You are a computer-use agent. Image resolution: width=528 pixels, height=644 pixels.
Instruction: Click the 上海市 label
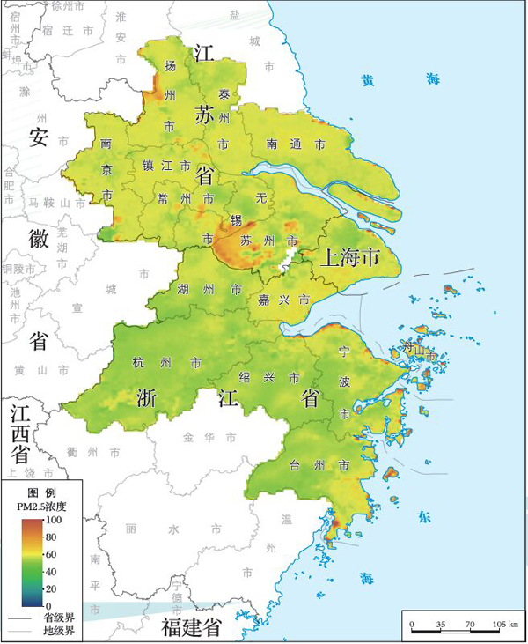pos(349,257)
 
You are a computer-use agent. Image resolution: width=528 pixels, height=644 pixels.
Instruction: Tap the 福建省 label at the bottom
pos(193,627)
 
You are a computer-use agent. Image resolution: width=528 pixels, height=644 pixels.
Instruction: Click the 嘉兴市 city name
pos(282,300)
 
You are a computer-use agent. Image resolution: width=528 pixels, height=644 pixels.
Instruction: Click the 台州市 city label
pos(321,464)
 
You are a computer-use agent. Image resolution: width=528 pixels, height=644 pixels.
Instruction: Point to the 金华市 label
pos(206,437)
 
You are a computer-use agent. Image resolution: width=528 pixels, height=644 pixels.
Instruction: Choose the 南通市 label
pos(296,144)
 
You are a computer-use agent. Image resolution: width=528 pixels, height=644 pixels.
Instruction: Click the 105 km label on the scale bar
pos(503,625)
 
